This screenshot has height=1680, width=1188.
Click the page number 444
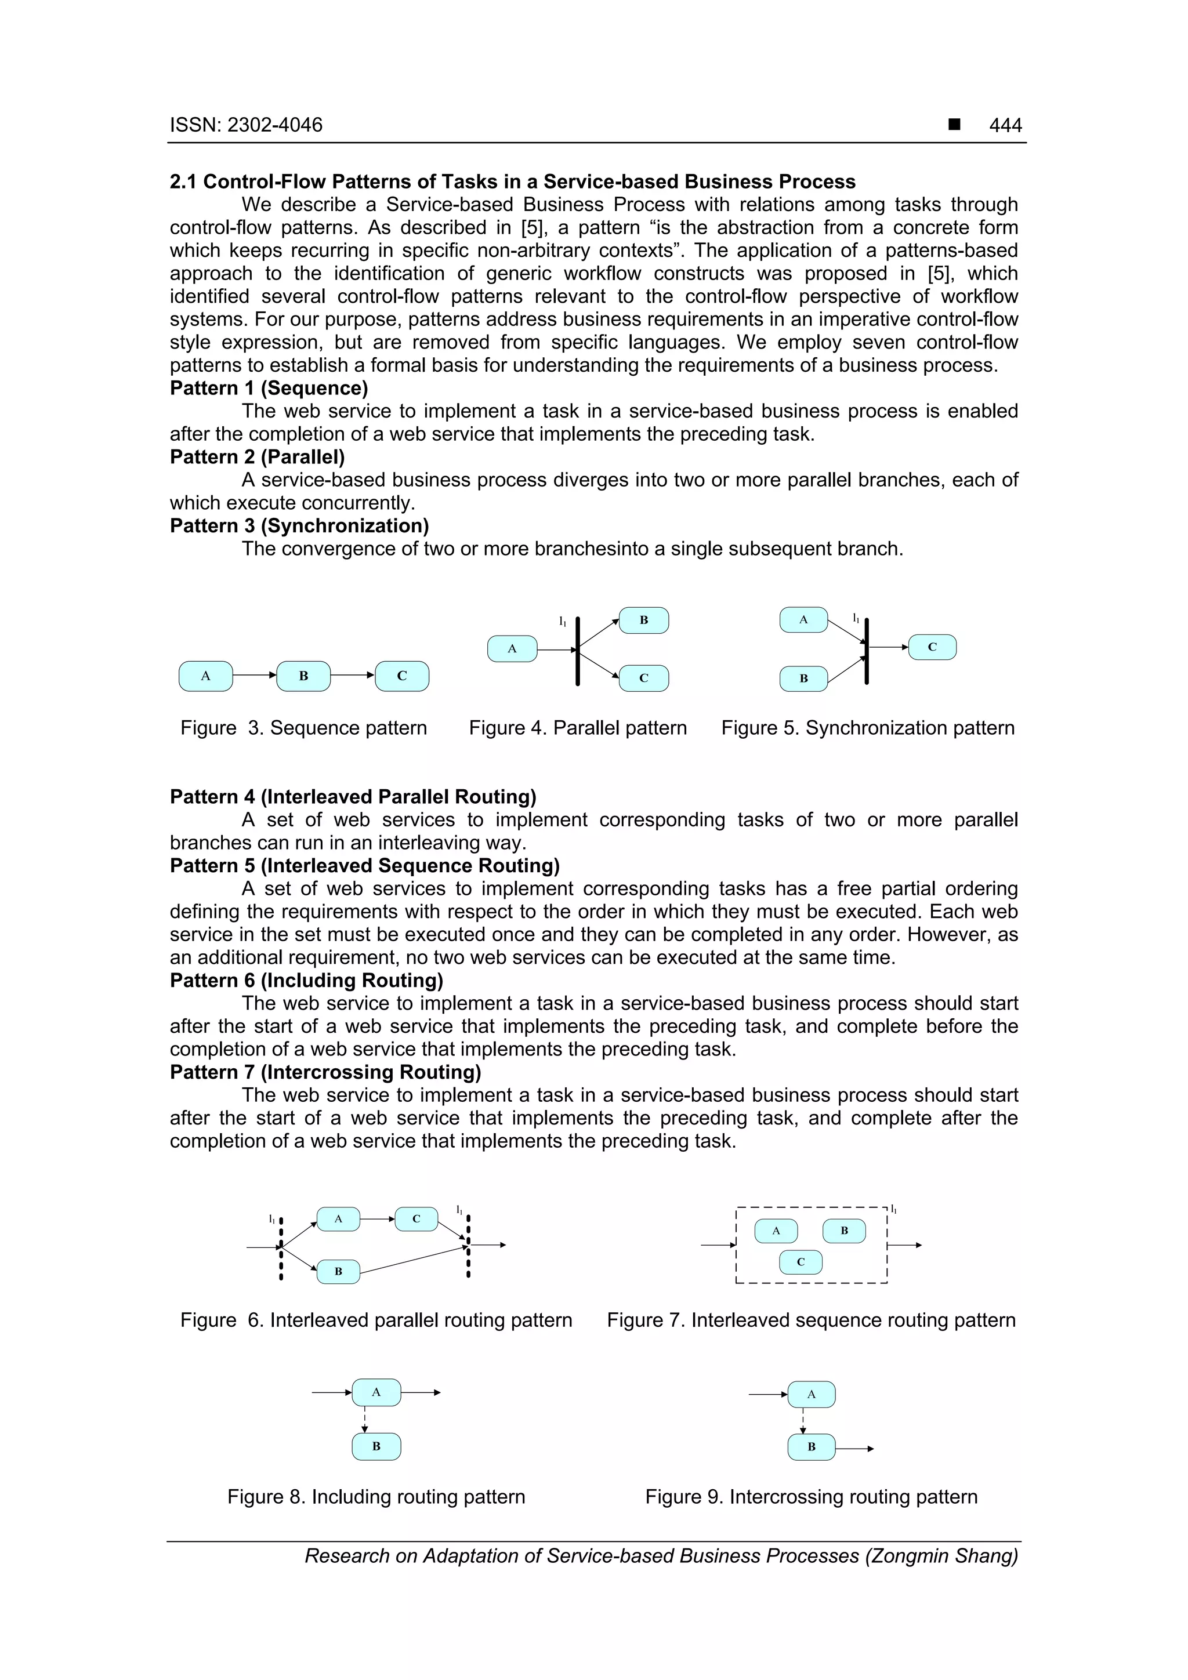(1005, 125)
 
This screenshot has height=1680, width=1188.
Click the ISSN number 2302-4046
(274, 125)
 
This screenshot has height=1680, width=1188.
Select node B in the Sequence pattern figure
(303, 676)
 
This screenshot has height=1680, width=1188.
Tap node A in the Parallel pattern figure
(512, 649)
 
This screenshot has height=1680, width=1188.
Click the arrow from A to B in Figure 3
(254, 676)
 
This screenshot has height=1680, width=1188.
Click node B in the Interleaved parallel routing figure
(338, 1272)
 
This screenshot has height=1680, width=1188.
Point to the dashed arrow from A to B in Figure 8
(364, 1420)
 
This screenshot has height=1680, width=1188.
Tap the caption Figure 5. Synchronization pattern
(867, 728)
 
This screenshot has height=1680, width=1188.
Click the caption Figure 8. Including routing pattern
(376, 1497)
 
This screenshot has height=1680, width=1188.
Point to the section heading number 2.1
(184, 182)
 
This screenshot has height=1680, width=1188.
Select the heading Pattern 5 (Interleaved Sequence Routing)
(364, 866)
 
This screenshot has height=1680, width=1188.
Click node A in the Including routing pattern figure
(376, 1392)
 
